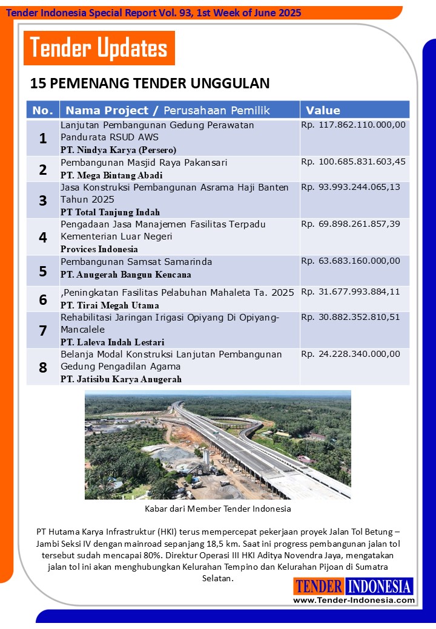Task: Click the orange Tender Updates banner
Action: [x=99, y=48]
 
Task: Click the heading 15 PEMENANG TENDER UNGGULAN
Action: [x=150, y=83]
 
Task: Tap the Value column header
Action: [x=323, y=110]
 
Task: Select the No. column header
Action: [x=42, y=110]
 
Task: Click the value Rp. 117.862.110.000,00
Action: [x=353, y=125]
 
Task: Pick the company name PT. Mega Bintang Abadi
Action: [x=111, y=175]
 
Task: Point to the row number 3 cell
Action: [x=43, y=200]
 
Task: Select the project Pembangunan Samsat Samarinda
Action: [x=136, y=262]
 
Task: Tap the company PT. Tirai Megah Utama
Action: [x=110, y=305]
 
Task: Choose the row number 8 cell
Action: [x=43, y=367]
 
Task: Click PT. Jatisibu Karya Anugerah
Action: [x=121, y=379]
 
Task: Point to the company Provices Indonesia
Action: [x=99, y=249]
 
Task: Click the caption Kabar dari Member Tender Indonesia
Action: [x=218, y=509]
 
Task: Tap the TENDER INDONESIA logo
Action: [x=354, y=586]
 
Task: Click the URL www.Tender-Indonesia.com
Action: [x=354, y=600]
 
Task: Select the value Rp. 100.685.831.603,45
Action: [x=353, y=162]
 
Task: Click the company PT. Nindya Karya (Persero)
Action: [x=119, y=149]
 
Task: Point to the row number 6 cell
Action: [x=43, y=299]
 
